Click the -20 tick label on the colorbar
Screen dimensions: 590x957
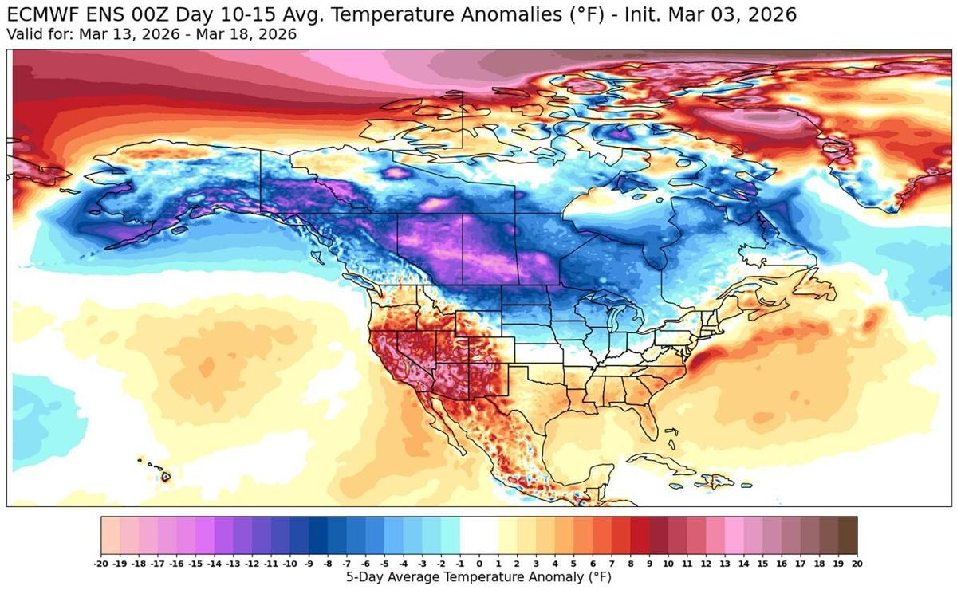(101, 563)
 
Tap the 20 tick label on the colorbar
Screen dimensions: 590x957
(857, 563)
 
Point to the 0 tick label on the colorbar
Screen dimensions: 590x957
(479, 563)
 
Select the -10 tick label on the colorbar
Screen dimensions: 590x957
(290, 563)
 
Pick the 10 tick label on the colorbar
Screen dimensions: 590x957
(668, 563)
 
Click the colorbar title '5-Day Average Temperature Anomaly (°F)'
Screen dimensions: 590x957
(479, 576)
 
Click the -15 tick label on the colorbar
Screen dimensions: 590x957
(196, 563)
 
